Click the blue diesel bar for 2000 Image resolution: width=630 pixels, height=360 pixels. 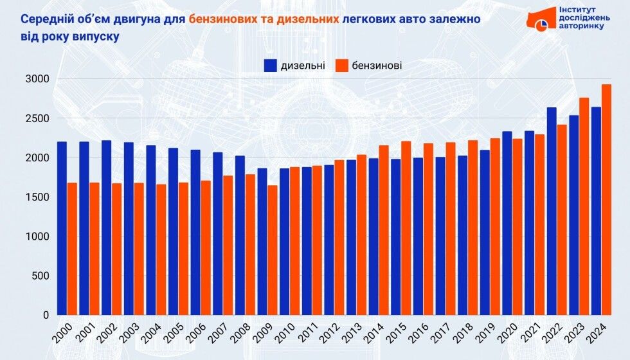[62, 228]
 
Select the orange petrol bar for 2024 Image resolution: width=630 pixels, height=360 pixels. [606, 199]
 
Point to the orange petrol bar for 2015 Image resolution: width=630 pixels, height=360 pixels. [406, 228]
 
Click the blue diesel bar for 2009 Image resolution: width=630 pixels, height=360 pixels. [262, 242]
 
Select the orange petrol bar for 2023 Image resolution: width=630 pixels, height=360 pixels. [584, 206]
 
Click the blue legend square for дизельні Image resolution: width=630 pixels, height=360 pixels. [270, 65]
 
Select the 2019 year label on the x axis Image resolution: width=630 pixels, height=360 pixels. [484, 334]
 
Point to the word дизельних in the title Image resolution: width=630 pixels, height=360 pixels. [307, 20]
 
